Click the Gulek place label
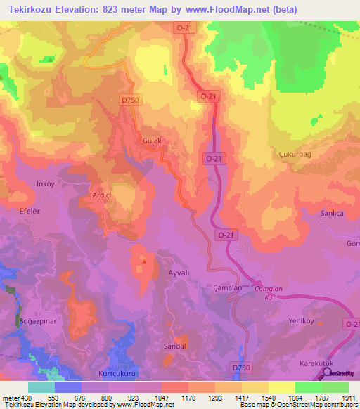[x=153, y=141]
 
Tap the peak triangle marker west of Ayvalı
[x=143, y=262]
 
